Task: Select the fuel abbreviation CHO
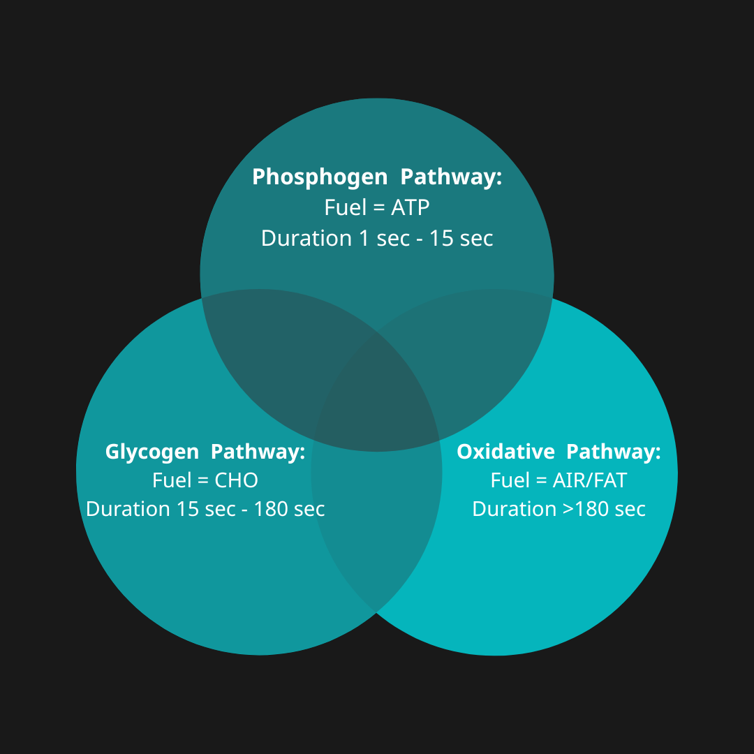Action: pos(237,480)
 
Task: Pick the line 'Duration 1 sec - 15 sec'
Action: pos(377,238)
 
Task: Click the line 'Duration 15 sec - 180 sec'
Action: pos(205,509)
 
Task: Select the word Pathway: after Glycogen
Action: pos(258,452)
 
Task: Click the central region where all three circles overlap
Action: pos(377,398)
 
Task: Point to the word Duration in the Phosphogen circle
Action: pos(306,238)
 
